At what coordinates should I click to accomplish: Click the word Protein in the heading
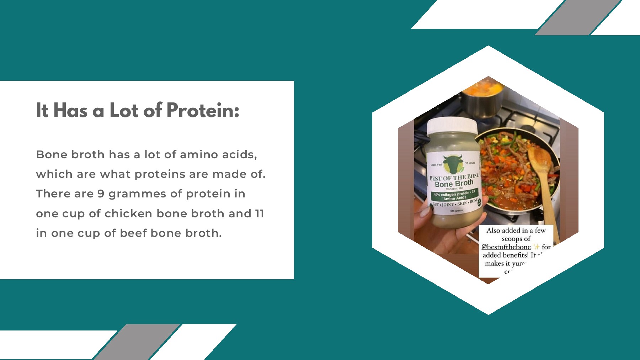point(203,110)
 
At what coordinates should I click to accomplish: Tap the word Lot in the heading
point(124,110)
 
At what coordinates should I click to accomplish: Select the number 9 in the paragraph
point(101,194)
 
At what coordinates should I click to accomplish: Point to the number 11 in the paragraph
point(260,213)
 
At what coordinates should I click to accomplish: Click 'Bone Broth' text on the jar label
point(454,184)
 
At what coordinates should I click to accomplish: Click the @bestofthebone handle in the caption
point(506,247)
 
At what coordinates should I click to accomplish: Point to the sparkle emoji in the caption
point(537,247)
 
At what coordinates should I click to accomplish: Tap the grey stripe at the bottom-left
point(137,342)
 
